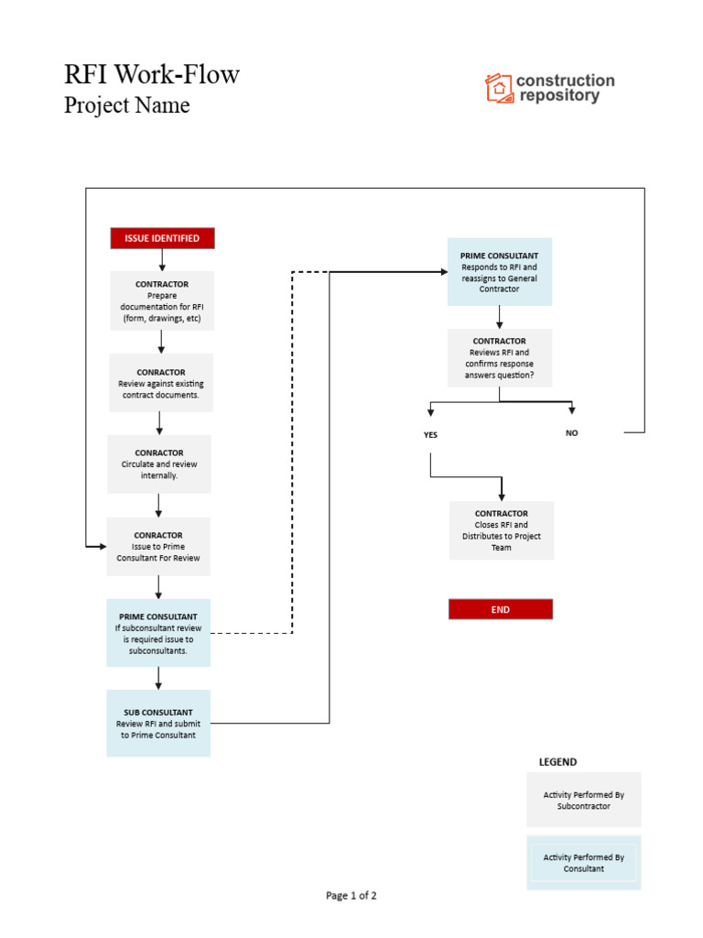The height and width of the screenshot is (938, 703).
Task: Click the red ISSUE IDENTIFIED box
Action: (x=162, y=238)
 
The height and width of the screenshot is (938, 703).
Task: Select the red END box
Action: (x=500, y=609)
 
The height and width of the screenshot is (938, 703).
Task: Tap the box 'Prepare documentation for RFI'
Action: (x=162, y=301)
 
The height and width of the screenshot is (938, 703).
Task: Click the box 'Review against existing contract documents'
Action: (x=161, y=383)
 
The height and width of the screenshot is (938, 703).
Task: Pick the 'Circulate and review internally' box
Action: (x=159, y=464)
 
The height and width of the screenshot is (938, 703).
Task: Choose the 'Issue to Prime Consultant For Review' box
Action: (x=158, y=547)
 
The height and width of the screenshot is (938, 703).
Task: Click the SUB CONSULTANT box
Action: (x=158, y=723)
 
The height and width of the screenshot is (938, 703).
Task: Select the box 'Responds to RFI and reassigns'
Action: (x=500, y=272)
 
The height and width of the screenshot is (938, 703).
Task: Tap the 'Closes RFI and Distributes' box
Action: (x=502, y=530)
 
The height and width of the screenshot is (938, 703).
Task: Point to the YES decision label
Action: (x=430, y=435)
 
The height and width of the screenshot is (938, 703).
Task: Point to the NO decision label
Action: (x=572, y=433)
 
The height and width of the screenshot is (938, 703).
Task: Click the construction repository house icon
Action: (x=499, y=88)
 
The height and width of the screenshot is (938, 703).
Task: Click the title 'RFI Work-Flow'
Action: (x=152, y=74)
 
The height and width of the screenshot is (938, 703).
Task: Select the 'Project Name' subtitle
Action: (x=127, y=105)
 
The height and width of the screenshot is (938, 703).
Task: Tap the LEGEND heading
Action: (x=557, y=762)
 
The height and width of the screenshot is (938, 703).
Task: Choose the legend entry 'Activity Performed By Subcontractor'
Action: (x=584, y=800)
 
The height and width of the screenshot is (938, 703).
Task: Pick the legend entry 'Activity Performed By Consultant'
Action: (x=584, y=863)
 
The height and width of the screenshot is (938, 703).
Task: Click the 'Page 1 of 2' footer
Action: (x=351, y=896)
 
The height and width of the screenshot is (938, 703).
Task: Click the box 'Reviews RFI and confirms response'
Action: (x=500, y=358)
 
